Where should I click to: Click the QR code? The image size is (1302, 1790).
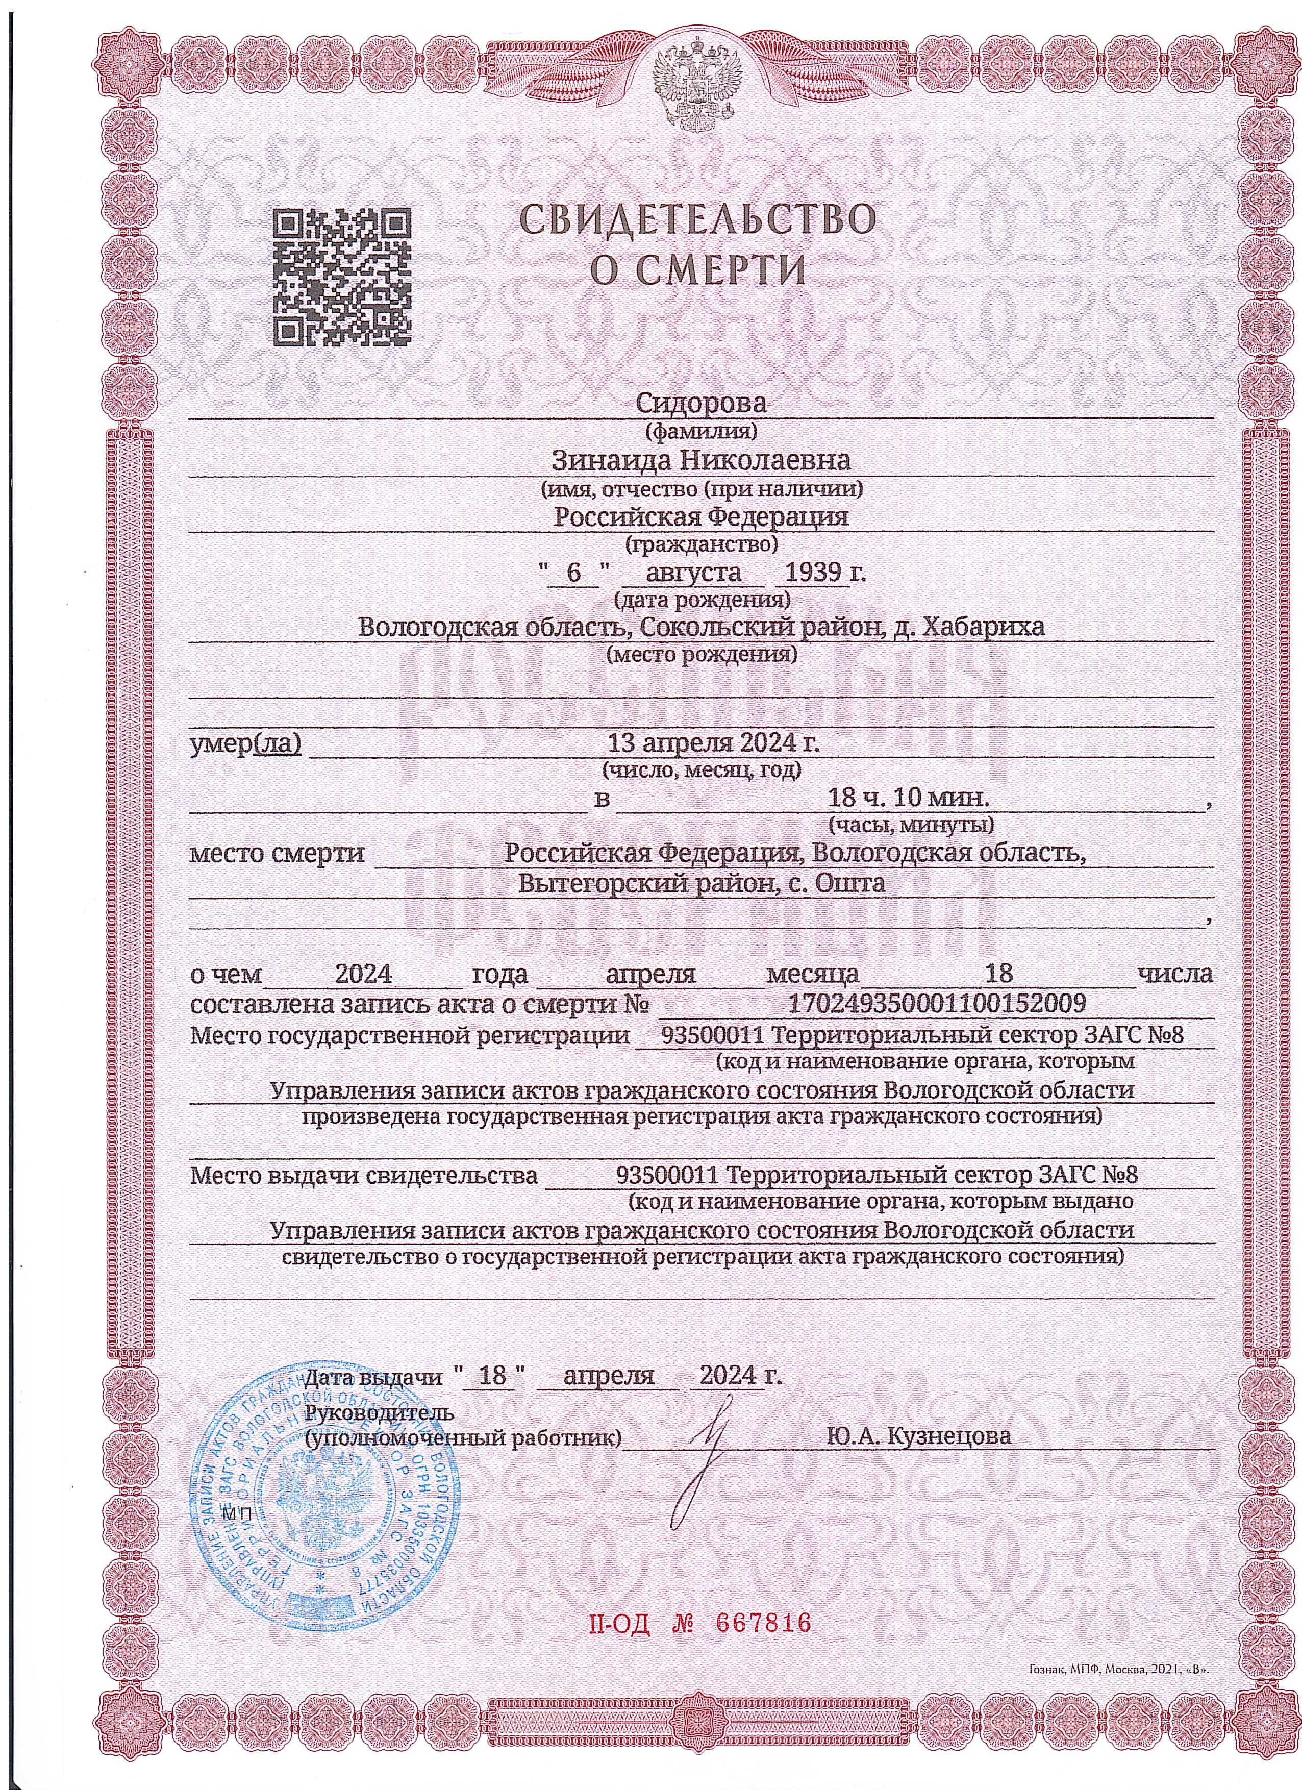(x=342, y=277)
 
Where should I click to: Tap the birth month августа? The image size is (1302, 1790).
(x=694, y=571)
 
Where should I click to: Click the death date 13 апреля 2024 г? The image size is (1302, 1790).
(x=713, y=743)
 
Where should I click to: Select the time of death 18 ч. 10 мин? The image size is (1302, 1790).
(x=908, y=798)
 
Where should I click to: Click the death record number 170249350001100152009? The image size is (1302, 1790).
(x=937, y=1003)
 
